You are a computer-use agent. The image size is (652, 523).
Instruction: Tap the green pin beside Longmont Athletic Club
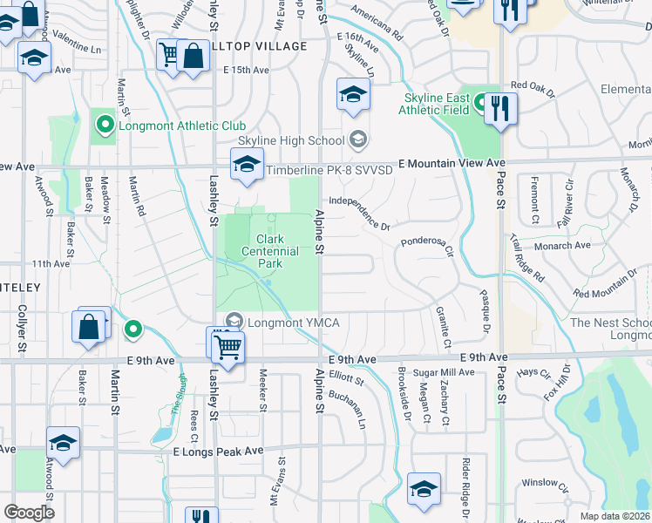pyautogui.click(x=105, y=126)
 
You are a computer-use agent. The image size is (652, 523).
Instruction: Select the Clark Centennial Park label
pyautogui.click(x=277, y=251)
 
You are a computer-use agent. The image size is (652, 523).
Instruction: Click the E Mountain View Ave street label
pyautogui.click(x=452, y=163)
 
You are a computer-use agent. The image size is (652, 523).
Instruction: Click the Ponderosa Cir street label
pyautogui.click(x=428, y=247)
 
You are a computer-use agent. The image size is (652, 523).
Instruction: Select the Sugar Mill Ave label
pyautogui.click(x=444, y=372)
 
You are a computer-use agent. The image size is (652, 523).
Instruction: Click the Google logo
pyautogui.click(x=29, y=513)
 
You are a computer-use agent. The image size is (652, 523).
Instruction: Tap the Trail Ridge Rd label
pyautogui.click(x=527, y=259)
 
